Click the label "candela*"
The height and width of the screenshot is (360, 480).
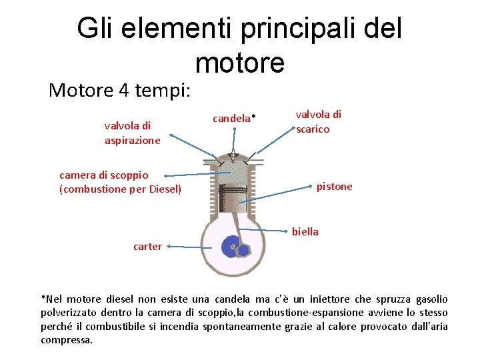click(234, 119)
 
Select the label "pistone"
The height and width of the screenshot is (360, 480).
click(334, 187)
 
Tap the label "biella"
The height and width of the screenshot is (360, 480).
click(305, 232)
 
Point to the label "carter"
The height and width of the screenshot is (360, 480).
click(147, 247)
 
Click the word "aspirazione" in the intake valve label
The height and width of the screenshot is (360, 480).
click(133, 141)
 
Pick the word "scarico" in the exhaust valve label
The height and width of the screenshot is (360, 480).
click(313, 129)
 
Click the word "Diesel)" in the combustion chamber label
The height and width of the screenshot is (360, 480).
click(165, 189)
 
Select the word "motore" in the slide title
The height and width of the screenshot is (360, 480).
click(240, 63)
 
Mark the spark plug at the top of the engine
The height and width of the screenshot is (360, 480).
click(233, 157)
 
